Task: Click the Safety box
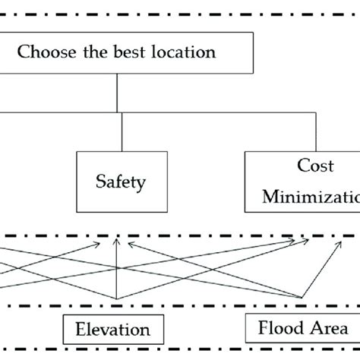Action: [120, 182]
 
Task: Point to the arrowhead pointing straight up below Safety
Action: [116, 244]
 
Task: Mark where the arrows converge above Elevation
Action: [116, 298]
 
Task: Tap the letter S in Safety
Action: [99, 182]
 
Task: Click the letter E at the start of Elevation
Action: [79, 330]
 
